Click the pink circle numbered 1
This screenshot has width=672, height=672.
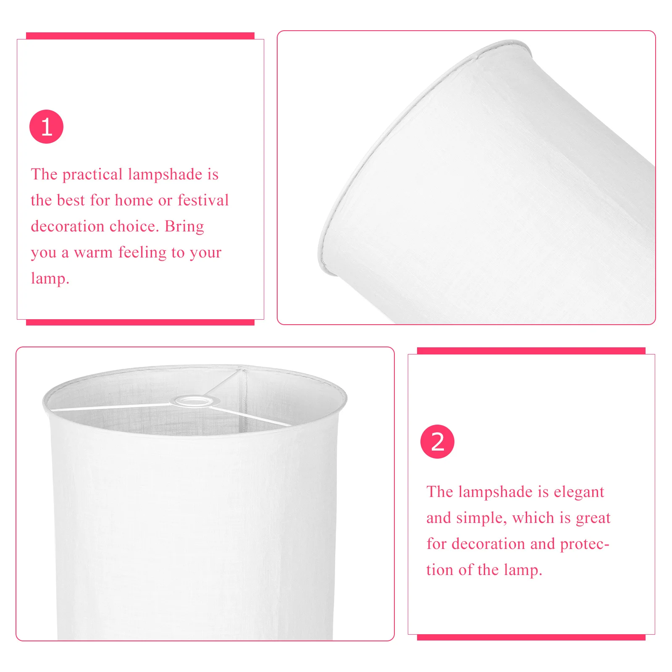coord(46,126)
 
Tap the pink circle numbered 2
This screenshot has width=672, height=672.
coord(437,441)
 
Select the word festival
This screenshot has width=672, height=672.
coord(203,200)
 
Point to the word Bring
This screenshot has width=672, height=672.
coord(184,226)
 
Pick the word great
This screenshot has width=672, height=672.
coord(593,518)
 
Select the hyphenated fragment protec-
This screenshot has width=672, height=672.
coord(585,544)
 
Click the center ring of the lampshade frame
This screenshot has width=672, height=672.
coord(192,401)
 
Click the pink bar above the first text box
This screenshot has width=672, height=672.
coord(140,36)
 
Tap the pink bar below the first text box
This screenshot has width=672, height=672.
coord(140,322)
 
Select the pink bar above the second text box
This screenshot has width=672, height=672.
coord(531,351)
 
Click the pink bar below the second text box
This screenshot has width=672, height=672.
coord(531,637)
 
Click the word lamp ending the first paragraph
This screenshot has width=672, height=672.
coord(50,279)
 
